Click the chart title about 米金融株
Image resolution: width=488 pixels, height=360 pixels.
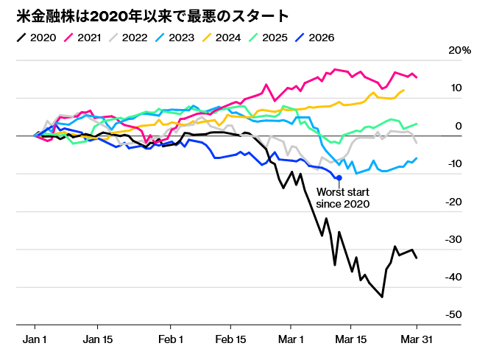(x=152, y=15)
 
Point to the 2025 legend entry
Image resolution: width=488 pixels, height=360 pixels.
(x=280, y=37)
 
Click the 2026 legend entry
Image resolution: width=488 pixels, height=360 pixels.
(x=328, y=37)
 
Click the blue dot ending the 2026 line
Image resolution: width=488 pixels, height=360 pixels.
(x=339, y=177)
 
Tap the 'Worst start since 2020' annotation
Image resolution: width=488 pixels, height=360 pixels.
(x=342, y=197)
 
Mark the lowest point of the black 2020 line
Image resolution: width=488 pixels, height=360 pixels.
(x=382, y=297)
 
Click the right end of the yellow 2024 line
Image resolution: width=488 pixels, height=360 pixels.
(x=403, y=90)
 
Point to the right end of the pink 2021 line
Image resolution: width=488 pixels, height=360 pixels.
(x=417, y=77)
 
